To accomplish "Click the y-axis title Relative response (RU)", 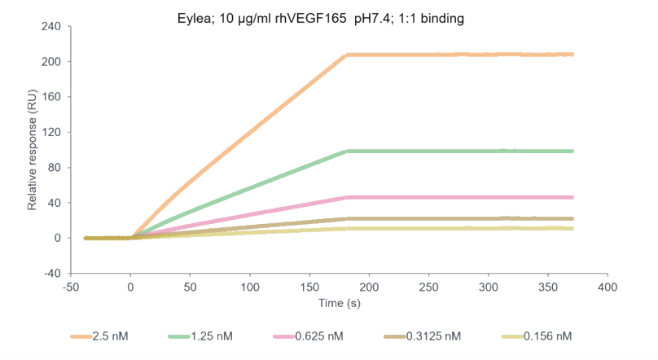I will [33, 151].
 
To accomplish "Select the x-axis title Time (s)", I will [339, 304].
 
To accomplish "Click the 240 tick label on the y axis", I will [51, 26].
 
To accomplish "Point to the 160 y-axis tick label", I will [51, 97].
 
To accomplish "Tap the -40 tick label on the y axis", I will [51, 274].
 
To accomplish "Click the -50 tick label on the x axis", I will [71, 288].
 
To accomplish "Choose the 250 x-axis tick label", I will [428, 288].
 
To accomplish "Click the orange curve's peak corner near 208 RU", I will [348, 55].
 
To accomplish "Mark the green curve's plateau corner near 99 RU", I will [348, 151].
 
